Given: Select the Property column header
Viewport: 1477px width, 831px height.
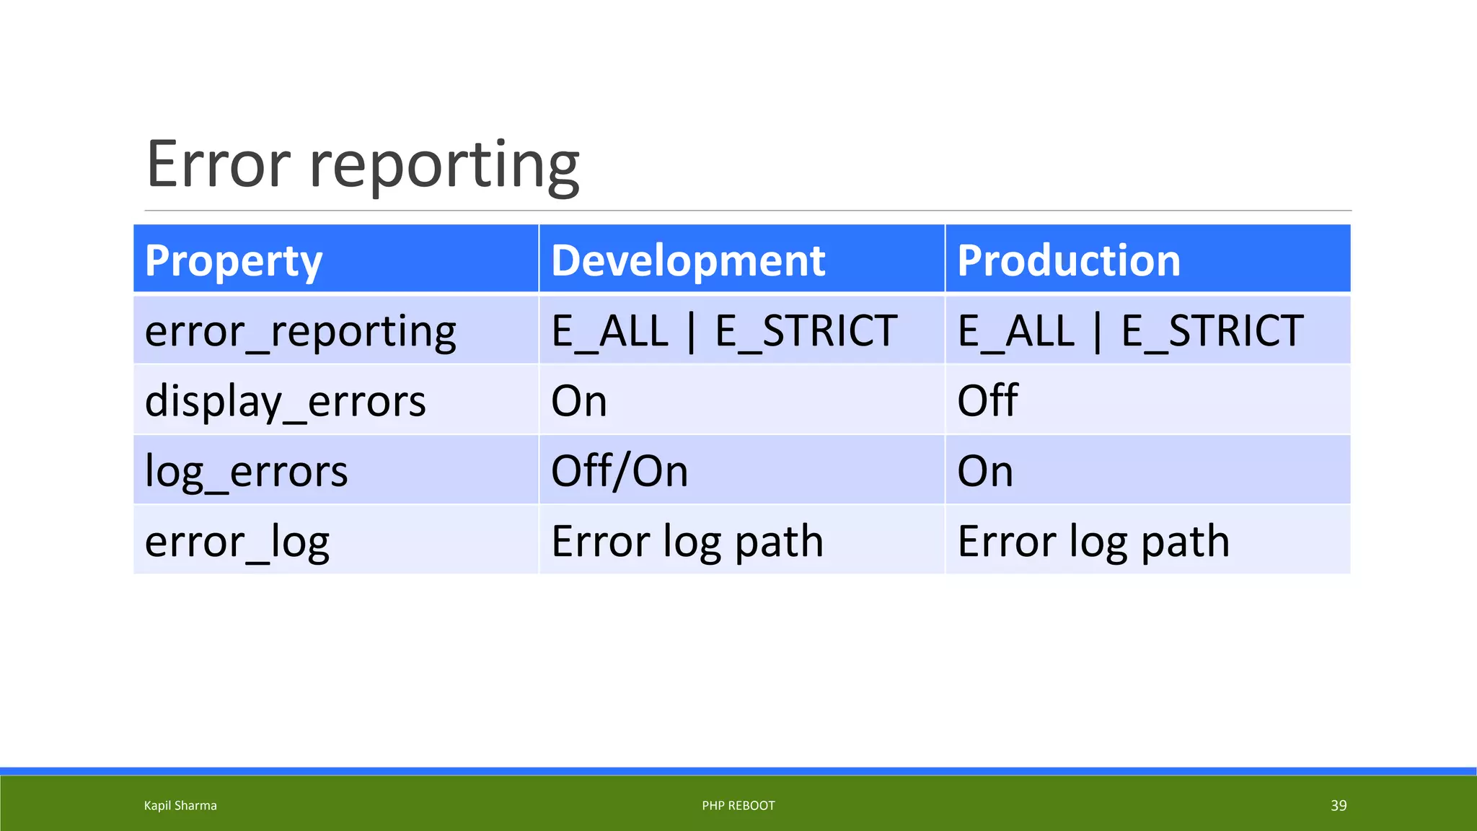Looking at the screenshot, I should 233,260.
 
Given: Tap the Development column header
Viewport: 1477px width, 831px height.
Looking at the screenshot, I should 687,260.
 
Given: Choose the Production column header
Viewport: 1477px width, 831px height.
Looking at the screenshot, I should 1068,260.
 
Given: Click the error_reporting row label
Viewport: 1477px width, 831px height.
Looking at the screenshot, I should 300,331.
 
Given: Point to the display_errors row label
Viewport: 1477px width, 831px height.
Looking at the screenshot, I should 285,401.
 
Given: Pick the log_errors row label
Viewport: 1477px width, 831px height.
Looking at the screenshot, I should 246,471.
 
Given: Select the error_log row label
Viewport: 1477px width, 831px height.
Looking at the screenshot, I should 237,541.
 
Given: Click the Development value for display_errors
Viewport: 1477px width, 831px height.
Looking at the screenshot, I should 578,401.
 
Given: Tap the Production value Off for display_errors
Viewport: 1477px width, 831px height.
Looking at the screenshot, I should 987,401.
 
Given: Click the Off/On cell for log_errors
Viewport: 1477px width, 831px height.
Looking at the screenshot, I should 619,471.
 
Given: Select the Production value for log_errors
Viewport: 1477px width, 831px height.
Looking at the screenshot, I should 984,471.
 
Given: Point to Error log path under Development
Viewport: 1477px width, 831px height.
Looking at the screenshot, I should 687,541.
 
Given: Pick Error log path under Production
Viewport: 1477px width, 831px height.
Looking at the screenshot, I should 1093,541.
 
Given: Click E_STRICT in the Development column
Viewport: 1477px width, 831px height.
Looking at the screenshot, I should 806,331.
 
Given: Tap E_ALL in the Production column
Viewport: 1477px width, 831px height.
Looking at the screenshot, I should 1016,331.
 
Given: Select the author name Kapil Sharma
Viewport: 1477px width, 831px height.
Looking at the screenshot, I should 180,806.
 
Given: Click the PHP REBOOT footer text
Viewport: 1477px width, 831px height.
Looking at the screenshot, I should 738,806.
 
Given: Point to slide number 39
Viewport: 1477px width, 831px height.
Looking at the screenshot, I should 1338,806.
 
